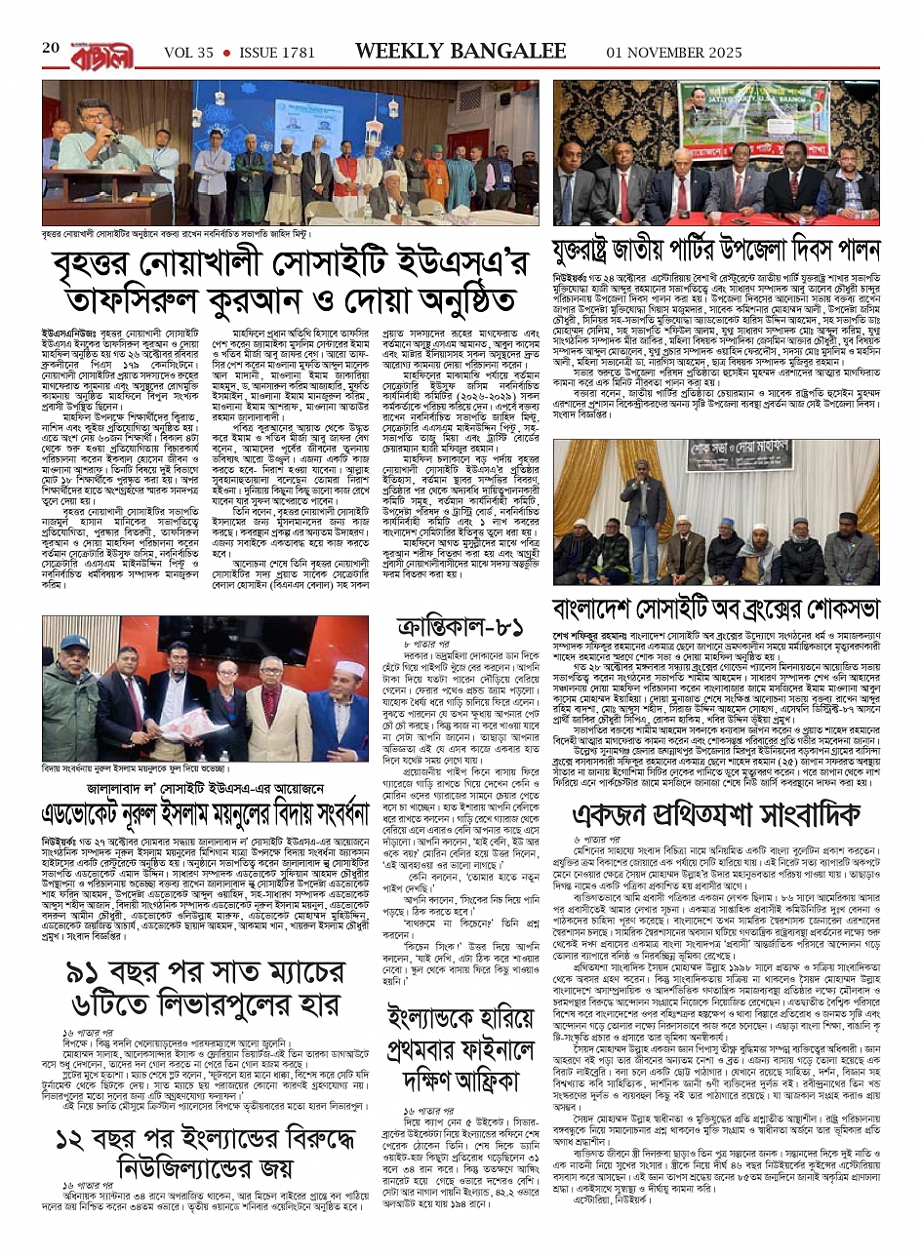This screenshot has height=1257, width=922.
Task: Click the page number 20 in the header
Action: (51, 49)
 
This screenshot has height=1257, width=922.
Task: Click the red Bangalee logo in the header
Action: (101, 52)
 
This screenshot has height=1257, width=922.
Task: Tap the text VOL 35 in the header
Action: (188, 52)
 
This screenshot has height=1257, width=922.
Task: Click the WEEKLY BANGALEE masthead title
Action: (461, 51)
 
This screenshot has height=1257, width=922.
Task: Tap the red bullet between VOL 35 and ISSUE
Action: (226, 52)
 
